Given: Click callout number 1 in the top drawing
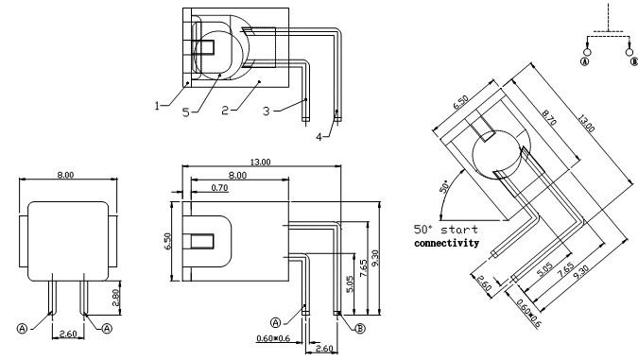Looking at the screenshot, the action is tap(157, 106).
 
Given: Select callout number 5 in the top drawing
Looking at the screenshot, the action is tap(186, 112).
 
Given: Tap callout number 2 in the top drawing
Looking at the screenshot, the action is tap(225, 111).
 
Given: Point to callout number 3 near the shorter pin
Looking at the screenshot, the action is tap(267, 111).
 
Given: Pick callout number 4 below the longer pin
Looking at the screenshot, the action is tap(319, 137).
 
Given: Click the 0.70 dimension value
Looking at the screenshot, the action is tap(219, 188).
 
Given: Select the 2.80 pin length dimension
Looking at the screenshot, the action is tap(115, 298).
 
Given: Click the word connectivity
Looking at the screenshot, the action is tap(446, 243).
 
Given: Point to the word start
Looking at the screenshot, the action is tap(459, 230).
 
